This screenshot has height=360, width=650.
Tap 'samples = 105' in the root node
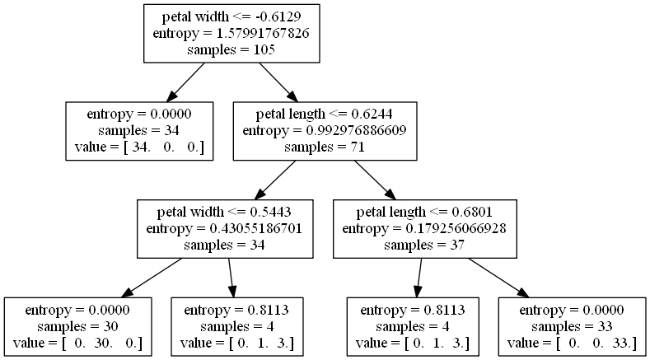point(231,49)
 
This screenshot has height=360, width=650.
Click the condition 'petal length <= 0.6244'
point(325,114)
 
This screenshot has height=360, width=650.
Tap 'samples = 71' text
point(325,147)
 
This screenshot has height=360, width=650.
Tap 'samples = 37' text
point(424,244)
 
